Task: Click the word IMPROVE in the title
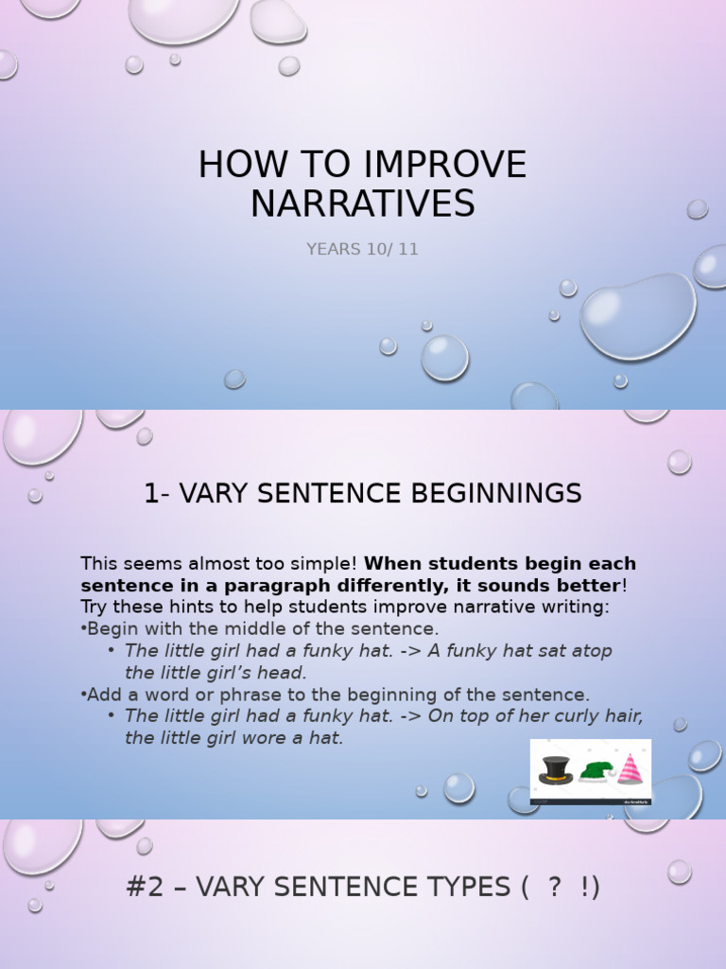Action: click(x=441, y=165)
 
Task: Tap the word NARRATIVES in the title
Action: click(x=362, y=203)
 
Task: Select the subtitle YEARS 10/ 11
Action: click(x=362, y=250)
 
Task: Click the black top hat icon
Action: click(x=556, y=769)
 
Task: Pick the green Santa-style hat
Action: click(x=595, y=770)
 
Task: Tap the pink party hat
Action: click(x=630, y=768)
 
